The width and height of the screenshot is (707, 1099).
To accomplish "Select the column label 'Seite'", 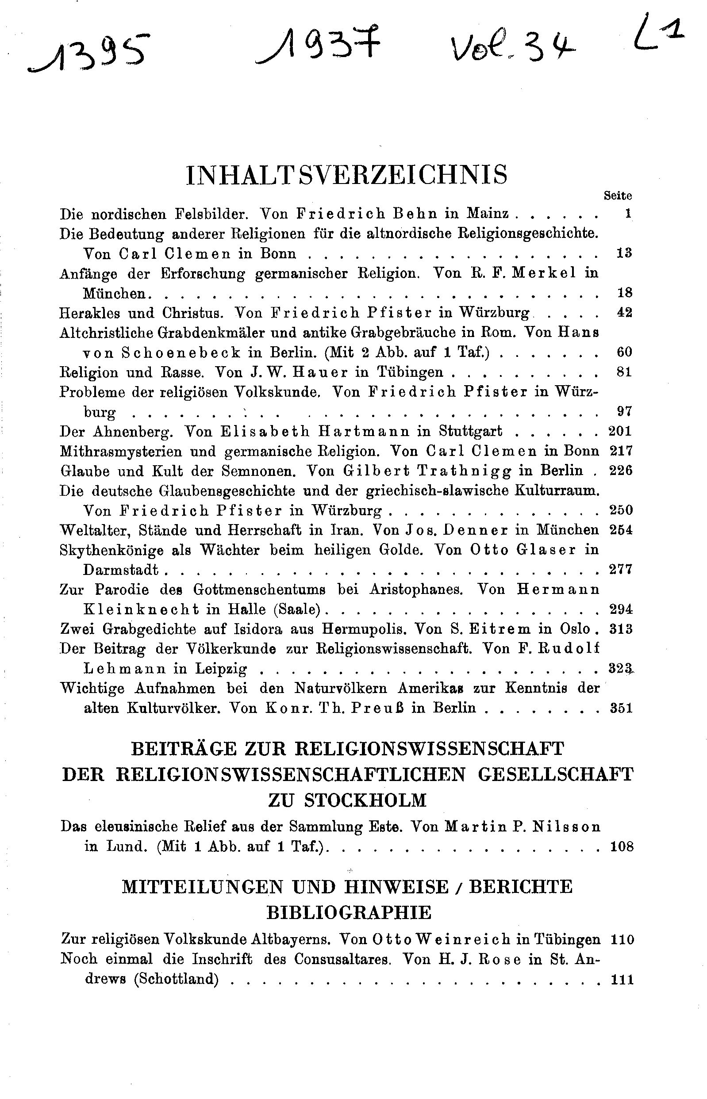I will pos(618,196).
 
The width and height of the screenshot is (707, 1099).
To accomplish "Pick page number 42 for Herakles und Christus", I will pos(624,313).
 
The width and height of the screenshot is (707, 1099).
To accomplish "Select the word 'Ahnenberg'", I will pos(130,431).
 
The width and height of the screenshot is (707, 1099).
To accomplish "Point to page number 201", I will pos(620,431).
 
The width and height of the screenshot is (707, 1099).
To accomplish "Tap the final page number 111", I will pos(622,980).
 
